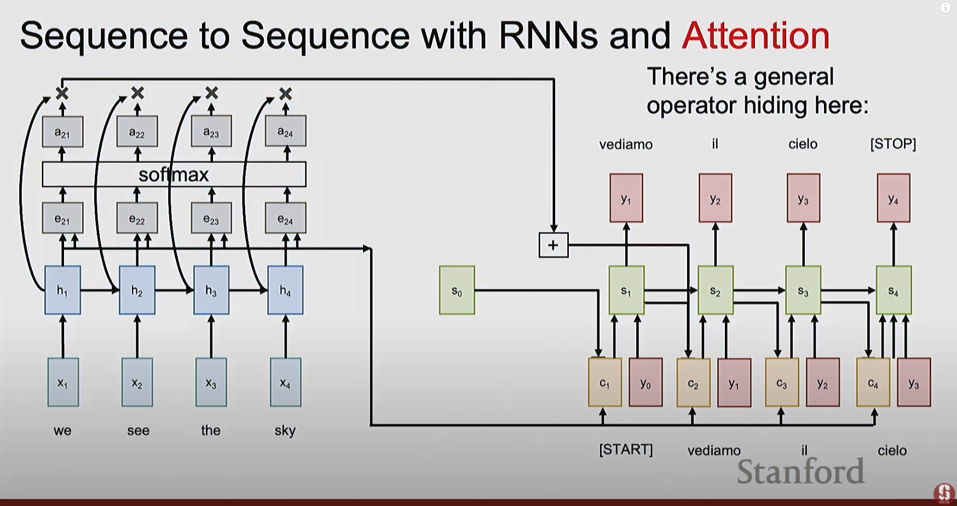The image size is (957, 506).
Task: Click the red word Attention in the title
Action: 756,36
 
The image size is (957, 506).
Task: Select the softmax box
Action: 174,175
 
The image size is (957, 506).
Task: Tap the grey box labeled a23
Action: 211,131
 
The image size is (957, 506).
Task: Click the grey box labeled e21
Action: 62,219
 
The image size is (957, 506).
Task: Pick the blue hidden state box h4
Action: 285,290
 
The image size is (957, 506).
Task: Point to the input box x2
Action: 137,382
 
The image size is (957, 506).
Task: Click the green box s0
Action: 457,290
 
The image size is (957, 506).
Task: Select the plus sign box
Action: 553,245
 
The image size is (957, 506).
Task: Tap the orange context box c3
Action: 781,383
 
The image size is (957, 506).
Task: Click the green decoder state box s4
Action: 893,290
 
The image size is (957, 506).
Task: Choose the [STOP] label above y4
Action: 892,144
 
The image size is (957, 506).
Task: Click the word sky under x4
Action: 285,430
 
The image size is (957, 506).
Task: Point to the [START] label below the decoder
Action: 626,450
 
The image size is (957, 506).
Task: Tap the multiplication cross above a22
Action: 137,93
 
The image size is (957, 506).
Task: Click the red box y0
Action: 645,383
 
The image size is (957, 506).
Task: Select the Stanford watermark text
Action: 800,472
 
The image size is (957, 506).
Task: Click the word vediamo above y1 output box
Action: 626,145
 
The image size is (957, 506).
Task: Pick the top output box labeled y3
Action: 803,198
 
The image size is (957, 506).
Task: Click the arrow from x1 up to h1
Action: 62,336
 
